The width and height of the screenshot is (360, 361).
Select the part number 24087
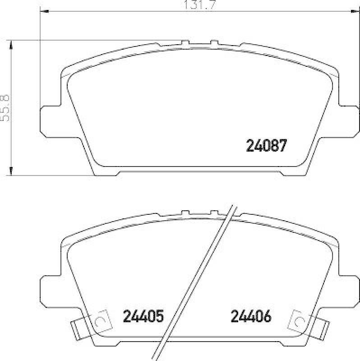click(x=266, y=145)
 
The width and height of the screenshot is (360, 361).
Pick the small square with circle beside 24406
click(x=299, y=320)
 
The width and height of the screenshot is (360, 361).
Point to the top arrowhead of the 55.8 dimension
click(x=11, y=44)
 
